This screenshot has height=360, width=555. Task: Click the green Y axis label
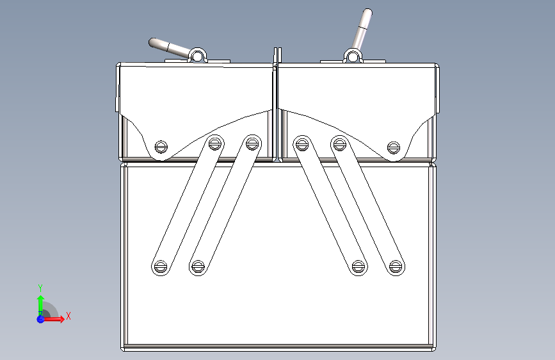point(40,288)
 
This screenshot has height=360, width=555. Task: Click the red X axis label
point(68,316)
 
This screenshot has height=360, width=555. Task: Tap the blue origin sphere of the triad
point(40,319)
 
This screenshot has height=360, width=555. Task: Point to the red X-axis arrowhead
point(61,319)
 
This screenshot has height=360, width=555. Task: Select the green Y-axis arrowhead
point(40,299)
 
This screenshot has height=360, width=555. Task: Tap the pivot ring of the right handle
point(353,56)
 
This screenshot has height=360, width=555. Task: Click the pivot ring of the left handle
point(197,56)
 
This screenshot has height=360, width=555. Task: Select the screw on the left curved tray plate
point(161,146)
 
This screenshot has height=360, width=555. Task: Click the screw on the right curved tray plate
point(394,147)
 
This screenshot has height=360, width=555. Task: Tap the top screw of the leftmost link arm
point(215,143)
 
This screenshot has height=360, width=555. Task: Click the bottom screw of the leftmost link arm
point(160,266)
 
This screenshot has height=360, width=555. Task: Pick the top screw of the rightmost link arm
point(339,144)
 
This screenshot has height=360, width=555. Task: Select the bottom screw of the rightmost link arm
point(396,266)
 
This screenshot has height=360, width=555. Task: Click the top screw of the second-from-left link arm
point(252,143)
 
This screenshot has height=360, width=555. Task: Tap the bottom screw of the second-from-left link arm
point(198,266)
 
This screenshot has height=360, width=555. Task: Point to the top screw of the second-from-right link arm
point(302,144)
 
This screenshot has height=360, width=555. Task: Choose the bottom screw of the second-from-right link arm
point(358,266)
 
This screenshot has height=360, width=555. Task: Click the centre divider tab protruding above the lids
point(278,56)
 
